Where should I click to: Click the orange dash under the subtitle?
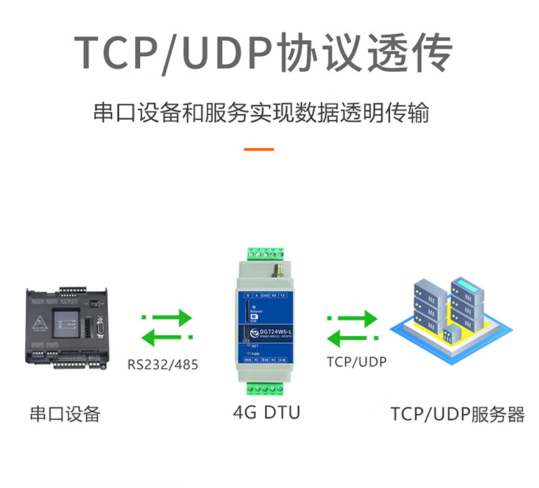259,149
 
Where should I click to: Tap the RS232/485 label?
162,364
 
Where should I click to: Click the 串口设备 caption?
65,414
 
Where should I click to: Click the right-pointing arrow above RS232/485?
167,316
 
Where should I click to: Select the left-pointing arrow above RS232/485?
166,336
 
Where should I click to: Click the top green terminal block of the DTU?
267,253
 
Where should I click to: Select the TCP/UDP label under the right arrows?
356,362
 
